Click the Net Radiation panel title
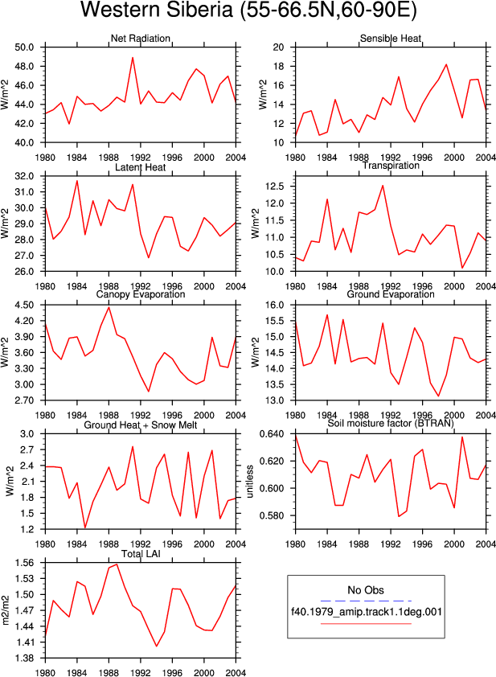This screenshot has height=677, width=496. pos(141,39)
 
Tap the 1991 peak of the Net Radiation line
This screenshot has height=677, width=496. pos(133,57)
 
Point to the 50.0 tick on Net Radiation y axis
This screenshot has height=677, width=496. pos(24,47)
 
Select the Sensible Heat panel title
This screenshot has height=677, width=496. pos(391,39)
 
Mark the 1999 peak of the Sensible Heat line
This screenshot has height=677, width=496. pos(446,64)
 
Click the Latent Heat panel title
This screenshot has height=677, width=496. pos(141,167)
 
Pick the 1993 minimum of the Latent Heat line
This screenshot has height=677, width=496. pos(149,258)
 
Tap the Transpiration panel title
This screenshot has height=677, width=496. pos(391,166)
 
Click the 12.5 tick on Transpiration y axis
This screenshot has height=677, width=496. pos(275,187)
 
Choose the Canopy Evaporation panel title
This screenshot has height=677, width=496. pos(141,294)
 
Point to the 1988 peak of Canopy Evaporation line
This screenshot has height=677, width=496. pos(109,307)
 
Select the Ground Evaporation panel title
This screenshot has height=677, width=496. pos(391,294)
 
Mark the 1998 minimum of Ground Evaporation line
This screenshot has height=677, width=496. pos(438,396)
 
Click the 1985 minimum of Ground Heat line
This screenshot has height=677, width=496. pos(85,527)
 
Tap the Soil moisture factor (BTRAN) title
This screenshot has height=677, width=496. pos(391,423)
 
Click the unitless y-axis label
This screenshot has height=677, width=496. pos(249,481)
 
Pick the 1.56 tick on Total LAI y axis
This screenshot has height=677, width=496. pos(24,563)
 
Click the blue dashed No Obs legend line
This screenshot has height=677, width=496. pos(366,601)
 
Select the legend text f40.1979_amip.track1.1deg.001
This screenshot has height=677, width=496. pos(367,612)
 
